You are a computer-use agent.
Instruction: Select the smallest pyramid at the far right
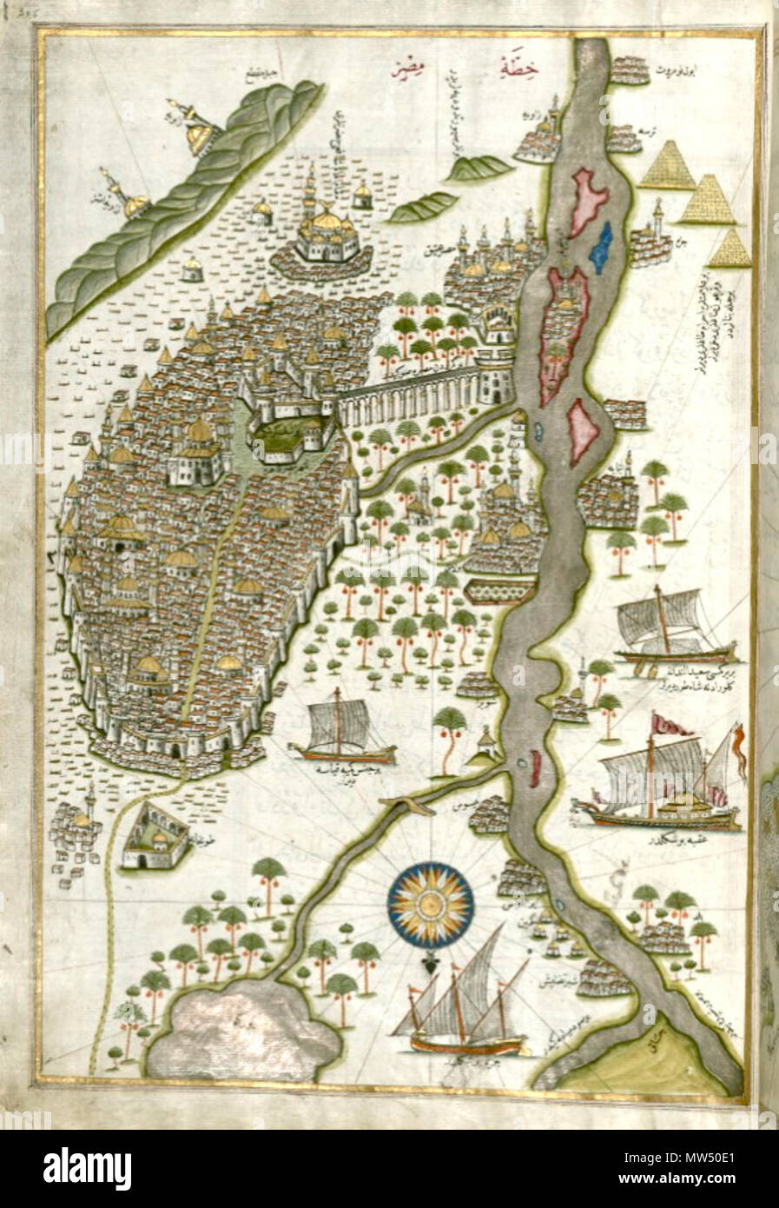[730, 249]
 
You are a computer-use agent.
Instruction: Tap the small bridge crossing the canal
[406, 806]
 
